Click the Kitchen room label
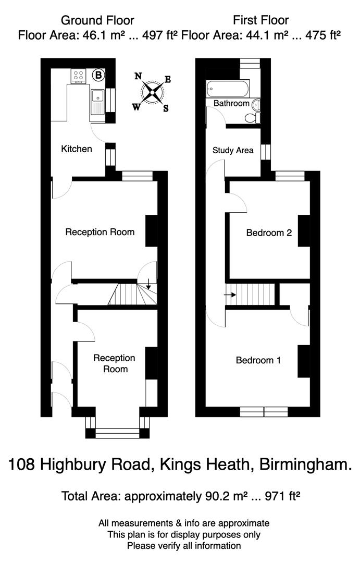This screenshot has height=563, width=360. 77,149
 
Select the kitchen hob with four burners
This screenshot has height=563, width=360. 79,76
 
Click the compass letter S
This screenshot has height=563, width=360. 166,108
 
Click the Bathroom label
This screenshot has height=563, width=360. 231,103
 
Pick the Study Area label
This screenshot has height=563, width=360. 233,151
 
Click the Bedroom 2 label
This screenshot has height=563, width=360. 268,233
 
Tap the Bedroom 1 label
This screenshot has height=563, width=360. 258,360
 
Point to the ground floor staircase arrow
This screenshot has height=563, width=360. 149,285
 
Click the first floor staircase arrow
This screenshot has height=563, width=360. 230,295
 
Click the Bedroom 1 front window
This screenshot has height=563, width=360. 264,412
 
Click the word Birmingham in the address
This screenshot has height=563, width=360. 305,464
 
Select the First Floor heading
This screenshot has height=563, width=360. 260,20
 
